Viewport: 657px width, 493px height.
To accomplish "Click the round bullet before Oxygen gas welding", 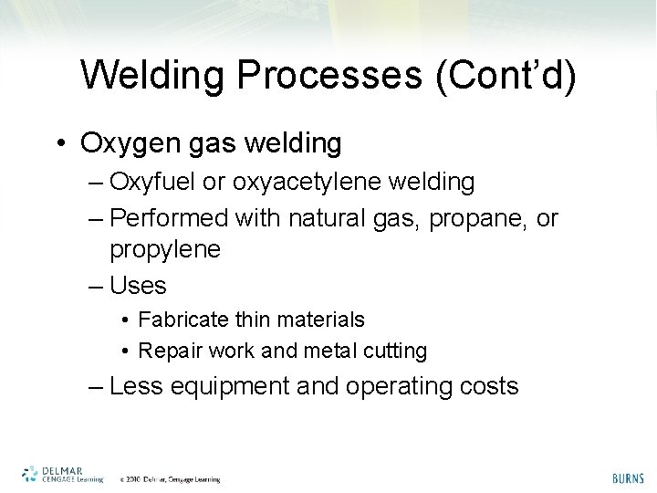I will tap(60, 144).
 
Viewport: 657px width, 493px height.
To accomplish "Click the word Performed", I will tap(169, 220).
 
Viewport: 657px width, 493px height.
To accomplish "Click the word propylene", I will tap(165, 249).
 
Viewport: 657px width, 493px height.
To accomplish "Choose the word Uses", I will tap(138, 286).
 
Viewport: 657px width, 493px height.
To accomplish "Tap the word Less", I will tap(135, 386).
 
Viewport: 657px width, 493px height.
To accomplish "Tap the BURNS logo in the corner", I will tap(627, 477).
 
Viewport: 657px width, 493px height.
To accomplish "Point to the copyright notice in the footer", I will tap(170, 478).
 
